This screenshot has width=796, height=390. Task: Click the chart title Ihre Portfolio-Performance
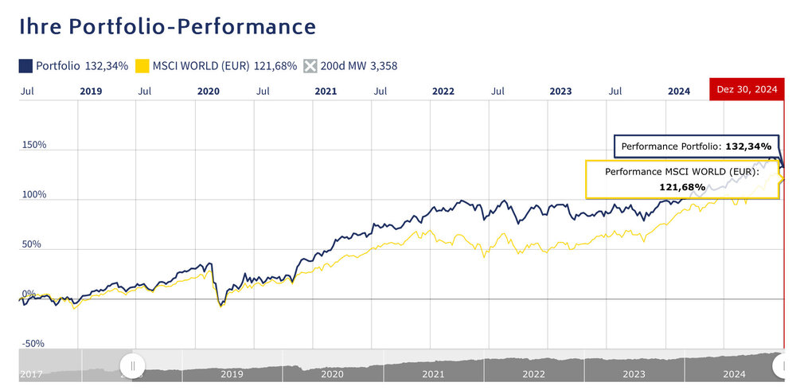[x=167, y=26]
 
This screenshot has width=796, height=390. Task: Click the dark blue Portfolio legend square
[x=25, y=65]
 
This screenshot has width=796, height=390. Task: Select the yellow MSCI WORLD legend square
[x=143, y=65]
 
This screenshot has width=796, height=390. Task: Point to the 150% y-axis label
[x=34, y=146]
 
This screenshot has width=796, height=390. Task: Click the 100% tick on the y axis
[x=34, y=195]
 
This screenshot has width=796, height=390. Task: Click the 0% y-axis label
[x=29, y=294]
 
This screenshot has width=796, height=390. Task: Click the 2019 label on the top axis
[x=92, y=92]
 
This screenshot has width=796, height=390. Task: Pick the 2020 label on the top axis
[x=208, y=92]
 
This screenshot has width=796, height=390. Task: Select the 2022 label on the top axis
[x=443, y=92]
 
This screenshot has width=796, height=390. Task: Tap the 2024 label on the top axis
[x=679, y=92]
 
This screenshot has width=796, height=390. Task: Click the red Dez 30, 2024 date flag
[x=747, y=90]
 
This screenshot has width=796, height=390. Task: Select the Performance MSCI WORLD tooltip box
[x=682, y=179]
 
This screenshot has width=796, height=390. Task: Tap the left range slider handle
[x=133, y=365]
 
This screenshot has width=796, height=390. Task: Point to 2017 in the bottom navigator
[x=30, y=374]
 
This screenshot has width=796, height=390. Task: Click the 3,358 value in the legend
[x=382, y=65]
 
